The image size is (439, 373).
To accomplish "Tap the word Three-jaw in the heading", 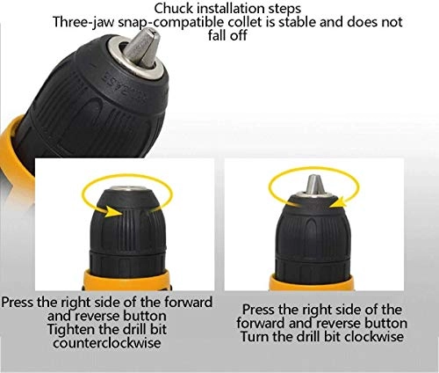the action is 83,23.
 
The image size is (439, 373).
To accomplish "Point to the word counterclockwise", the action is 107,343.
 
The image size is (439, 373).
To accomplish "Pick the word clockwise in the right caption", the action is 374,336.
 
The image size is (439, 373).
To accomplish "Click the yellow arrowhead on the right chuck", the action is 337,202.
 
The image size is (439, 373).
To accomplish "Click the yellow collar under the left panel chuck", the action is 126,280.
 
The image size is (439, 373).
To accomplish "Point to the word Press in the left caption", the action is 17,302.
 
